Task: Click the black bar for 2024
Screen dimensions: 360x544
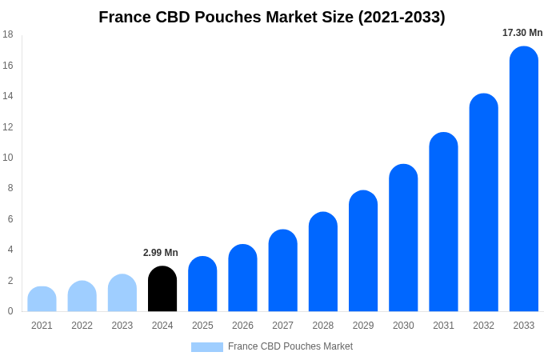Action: click(162, 290)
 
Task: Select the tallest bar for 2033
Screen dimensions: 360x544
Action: click(523, 180)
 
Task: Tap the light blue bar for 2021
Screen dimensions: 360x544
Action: click(42, 300)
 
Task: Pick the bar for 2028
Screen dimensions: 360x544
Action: click(323, 262)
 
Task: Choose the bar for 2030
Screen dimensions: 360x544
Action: click(403, 238)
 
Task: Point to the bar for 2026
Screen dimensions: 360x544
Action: click(242, 278)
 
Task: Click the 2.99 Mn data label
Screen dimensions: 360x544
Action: click(161, 253)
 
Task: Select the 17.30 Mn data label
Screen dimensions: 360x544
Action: click(522, 33)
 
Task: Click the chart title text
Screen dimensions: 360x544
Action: click(272, 17)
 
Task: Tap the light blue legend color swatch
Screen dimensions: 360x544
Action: click(207, 347)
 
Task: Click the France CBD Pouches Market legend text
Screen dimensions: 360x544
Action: click(290, 346)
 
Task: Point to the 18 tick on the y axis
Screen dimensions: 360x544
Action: click(8, 34)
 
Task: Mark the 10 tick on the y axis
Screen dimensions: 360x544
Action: click(8, 158)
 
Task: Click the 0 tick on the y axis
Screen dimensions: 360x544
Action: click(10, 311)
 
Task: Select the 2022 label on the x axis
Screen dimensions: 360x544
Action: click(82, 326)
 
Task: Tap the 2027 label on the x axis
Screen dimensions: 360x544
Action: click(282, 326)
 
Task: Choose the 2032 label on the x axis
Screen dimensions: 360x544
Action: click(483, 326)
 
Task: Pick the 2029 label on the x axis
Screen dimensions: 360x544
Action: click(363, 326)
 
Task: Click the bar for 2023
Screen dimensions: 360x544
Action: click(122, 294)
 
